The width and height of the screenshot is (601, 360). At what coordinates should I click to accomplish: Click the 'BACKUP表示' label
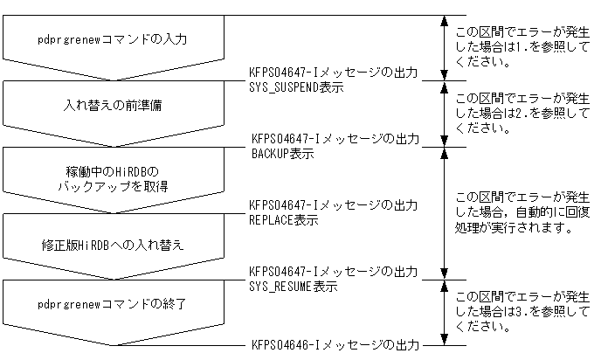pos(283,154)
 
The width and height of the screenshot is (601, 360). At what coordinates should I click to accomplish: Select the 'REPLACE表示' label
pos(285,220)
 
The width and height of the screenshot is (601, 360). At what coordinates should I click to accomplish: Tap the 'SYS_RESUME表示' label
pos(294,286)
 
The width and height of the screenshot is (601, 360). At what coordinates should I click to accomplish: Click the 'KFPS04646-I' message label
pos(335,345)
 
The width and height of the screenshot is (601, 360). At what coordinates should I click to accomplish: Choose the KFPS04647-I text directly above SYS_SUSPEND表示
pos(334,73)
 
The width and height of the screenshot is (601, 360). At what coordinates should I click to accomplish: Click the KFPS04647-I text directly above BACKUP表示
pos(335,139)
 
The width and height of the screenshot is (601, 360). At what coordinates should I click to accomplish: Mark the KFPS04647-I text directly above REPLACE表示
pos(334,205)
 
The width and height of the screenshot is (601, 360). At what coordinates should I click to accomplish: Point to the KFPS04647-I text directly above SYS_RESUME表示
pos(334,272)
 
